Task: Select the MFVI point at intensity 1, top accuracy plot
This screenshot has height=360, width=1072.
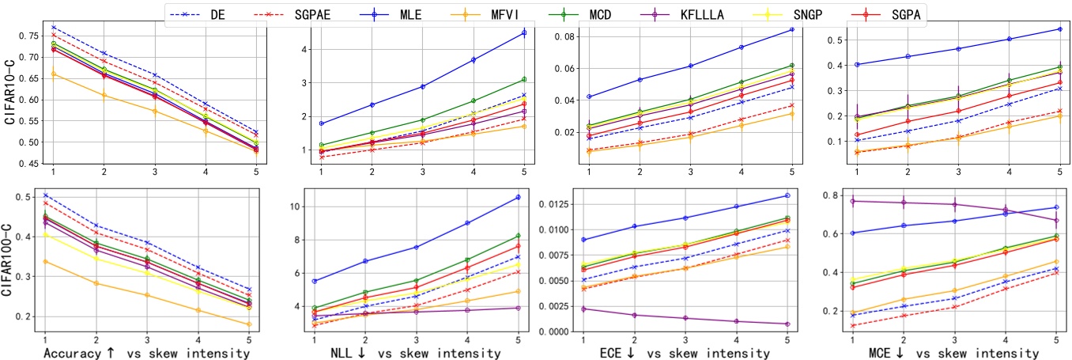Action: pos(53,74)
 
